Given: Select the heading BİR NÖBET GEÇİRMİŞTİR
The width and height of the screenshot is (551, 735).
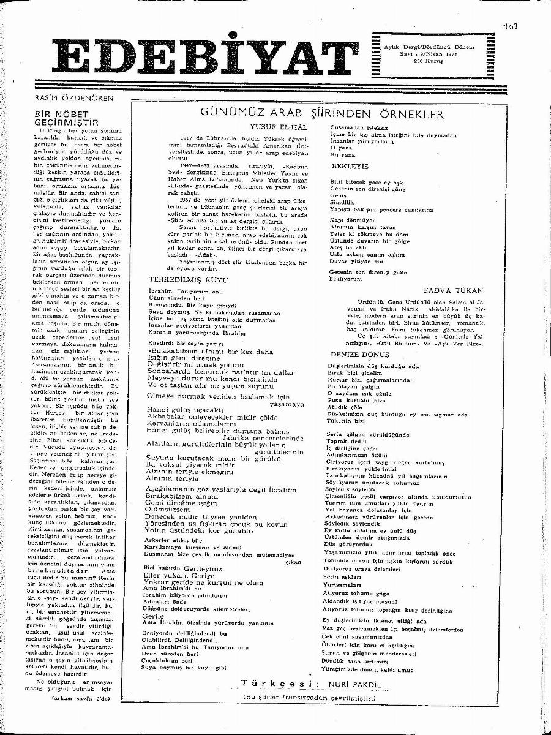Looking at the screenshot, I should click(64, 118).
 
